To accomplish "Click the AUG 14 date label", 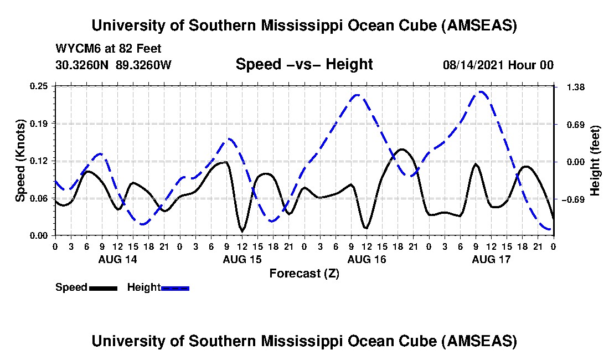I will click(117, 259).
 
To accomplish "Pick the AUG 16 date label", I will click(367, 259).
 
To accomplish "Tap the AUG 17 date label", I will click(491, 259).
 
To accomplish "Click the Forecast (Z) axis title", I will click(304, 273).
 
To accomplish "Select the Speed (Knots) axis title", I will click(20, 161).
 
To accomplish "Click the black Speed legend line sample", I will click(102, 288).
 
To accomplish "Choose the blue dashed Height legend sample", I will click(175, 288).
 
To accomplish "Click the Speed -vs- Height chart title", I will click(304, 64).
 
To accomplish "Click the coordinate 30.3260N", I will click(83, 65).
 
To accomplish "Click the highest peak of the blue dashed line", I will click(481, 92).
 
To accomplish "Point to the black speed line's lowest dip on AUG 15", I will click(242, 230).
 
